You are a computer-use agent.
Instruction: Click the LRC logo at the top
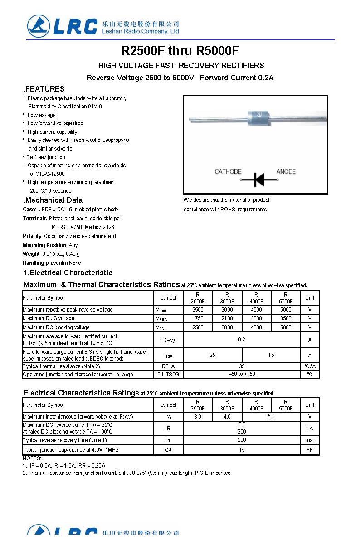(63, 26)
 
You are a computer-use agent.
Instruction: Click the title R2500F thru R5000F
(180, 50)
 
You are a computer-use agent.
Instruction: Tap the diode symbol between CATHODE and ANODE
(259, 180)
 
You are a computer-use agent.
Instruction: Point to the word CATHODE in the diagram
(228, 171)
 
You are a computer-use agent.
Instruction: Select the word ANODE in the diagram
(286, 171)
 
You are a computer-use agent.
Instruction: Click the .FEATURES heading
(44, 89)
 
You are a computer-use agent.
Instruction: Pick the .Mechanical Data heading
(53, 200)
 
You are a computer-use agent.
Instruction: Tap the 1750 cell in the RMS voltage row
(198, 318)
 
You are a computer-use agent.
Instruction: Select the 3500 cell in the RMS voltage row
(286, 318)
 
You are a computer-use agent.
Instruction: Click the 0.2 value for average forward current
(242, 340)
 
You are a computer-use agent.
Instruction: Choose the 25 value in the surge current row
(212, 355)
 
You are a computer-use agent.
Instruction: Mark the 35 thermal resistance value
(242, 366)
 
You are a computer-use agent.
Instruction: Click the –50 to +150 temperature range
(242, 374)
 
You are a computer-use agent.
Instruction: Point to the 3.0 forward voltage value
(198, 416)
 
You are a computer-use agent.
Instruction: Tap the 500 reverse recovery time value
(242, 440)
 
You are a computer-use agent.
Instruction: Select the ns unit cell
(310, 440)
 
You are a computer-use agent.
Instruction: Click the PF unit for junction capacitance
(310, 450)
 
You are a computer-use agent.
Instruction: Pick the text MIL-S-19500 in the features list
(47, 174)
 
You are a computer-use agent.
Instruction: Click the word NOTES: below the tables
(32, 458)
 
